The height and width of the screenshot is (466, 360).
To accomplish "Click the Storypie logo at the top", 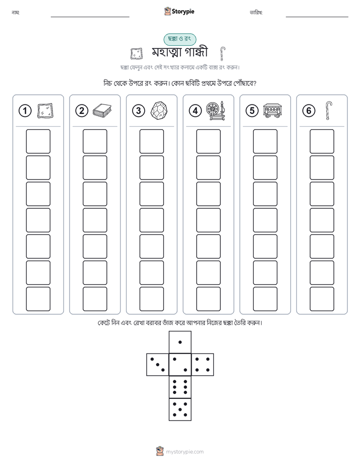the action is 179,12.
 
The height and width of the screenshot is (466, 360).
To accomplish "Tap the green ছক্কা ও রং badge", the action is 179,39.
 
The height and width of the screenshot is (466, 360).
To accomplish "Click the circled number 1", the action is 25,111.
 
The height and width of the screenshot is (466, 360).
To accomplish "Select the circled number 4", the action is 195,111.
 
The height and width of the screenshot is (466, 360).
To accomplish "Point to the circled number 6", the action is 309,111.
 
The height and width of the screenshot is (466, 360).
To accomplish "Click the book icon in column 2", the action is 102,111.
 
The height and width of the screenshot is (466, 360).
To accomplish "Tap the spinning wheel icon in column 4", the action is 216,110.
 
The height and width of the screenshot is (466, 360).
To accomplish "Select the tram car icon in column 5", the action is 272,110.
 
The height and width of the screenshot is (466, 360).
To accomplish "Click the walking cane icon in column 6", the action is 329,110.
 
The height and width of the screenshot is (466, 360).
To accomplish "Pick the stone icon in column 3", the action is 159,111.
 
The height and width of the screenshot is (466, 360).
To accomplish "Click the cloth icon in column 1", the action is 45,111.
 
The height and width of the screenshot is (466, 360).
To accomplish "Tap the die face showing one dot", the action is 180,342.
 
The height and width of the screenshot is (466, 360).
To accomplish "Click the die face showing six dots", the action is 180,387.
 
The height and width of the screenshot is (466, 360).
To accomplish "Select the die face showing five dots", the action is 180,410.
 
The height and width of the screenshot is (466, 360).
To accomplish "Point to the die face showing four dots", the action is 203,365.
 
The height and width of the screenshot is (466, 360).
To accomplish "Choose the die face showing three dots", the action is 158,365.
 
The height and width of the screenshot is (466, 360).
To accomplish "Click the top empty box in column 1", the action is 38,141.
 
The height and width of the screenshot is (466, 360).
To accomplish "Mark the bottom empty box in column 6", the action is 322,299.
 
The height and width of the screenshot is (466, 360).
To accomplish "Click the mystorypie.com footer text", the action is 185,452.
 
